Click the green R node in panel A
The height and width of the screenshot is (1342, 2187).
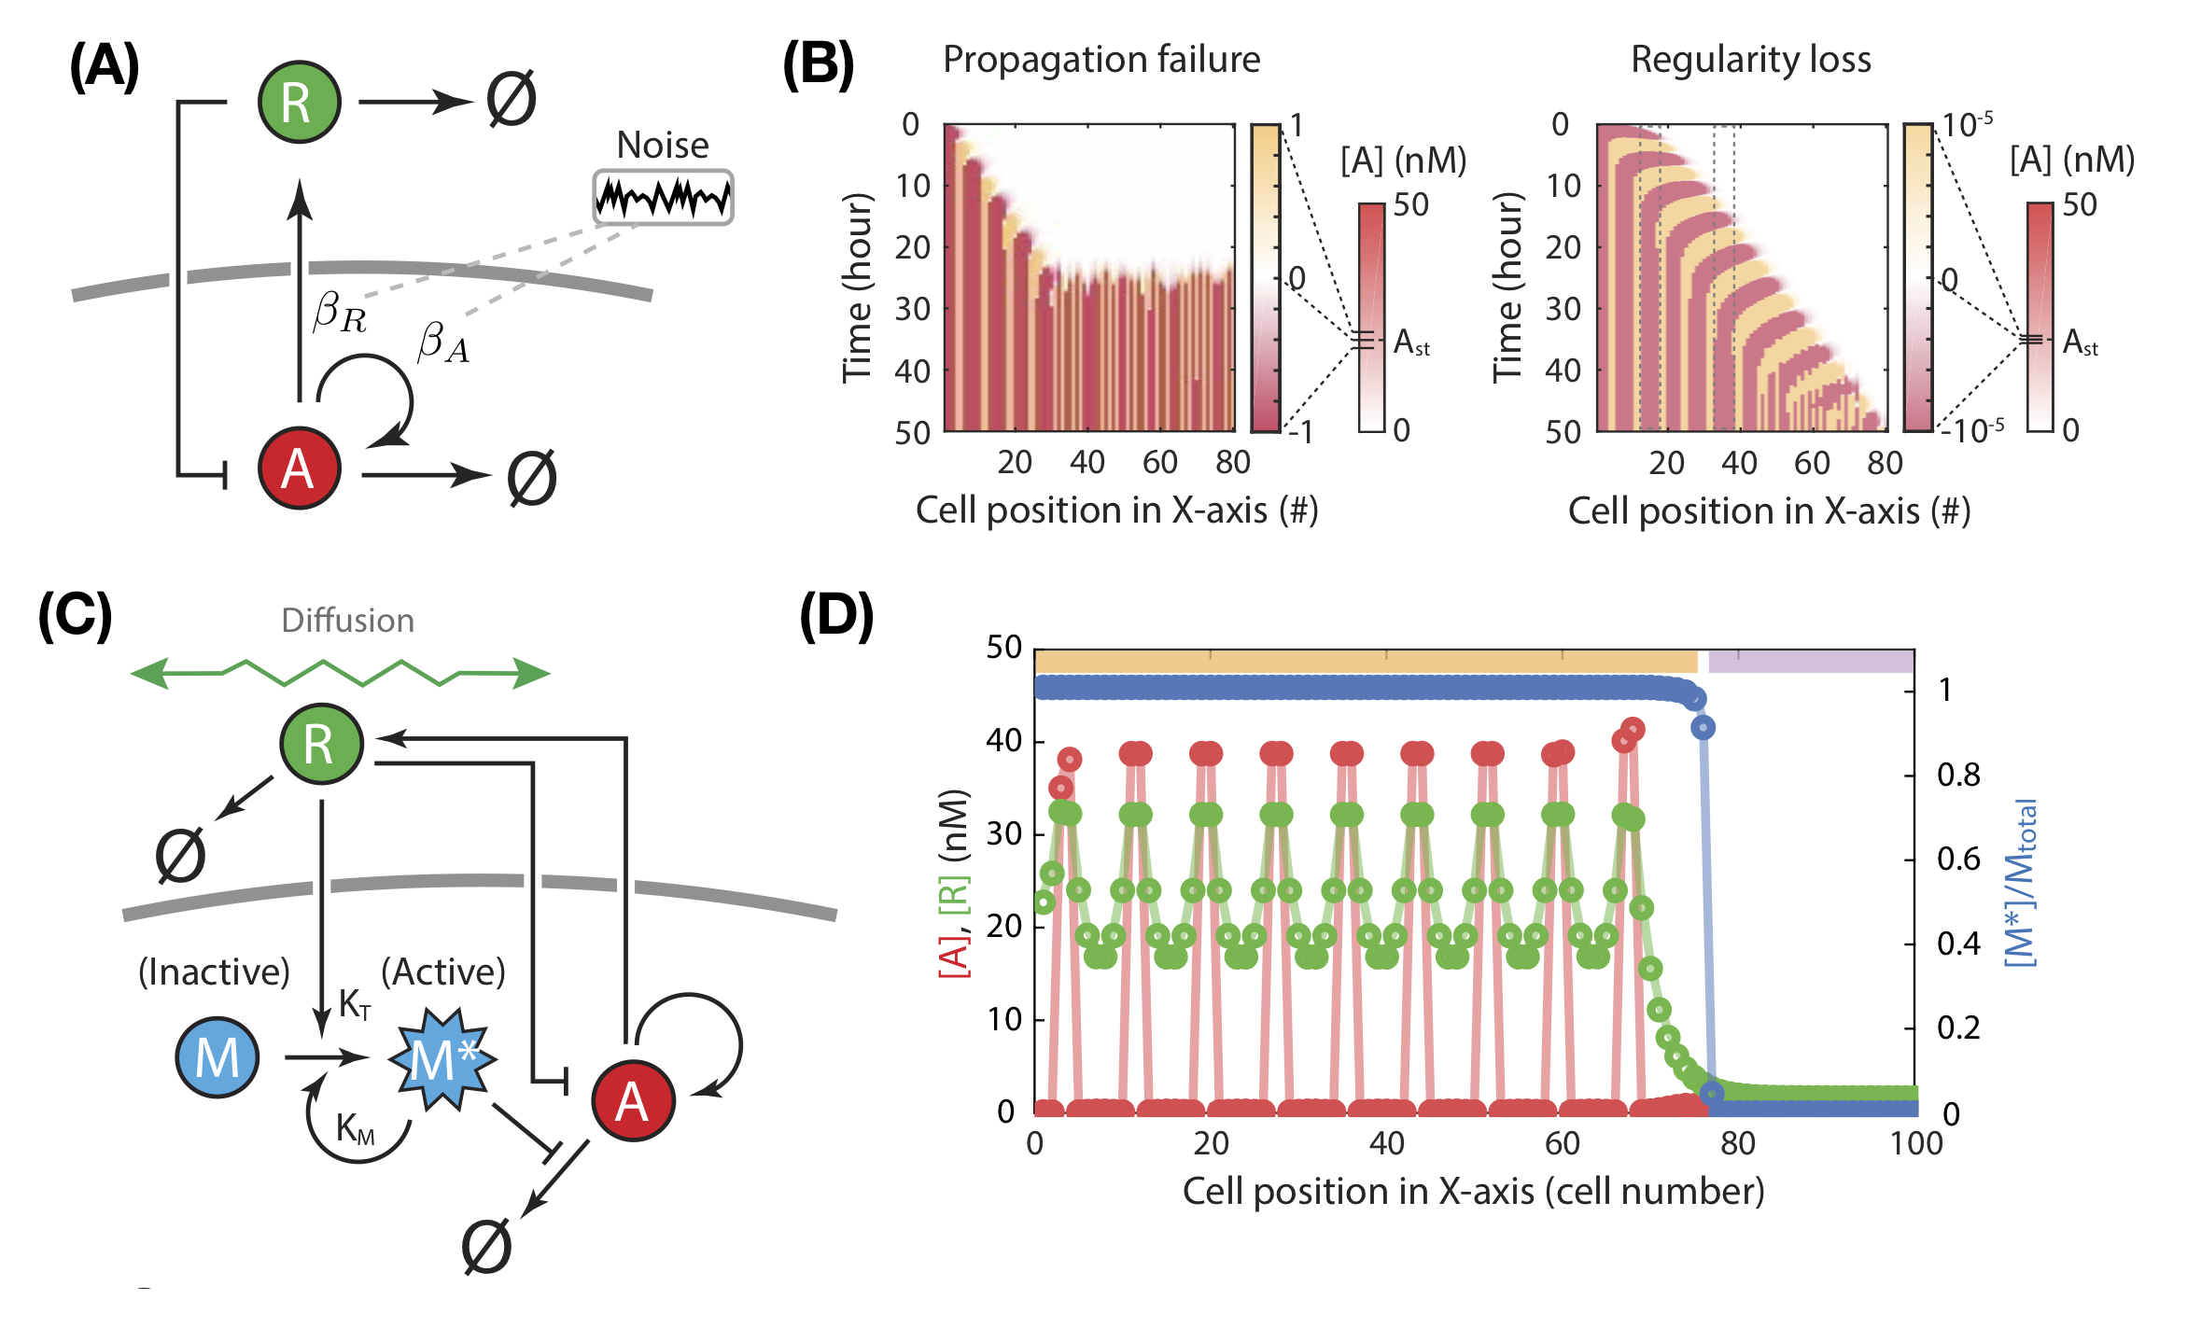pyautogui.click(x=299, y=102)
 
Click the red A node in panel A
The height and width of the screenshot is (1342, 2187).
pyautogui.click(x=299, y=468)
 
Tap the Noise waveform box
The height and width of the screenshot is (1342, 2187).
pyautogui.click(x=663, y=197)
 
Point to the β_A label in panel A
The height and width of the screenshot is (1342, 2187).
pyautogui.click(x=443, y=342)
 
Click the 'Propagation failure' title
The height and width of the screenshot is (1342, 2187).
pyautogui.click(x=1101, y=60)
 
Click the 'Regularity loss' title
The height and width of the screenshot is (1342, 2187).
pyautogui.click(x=1751, y=60)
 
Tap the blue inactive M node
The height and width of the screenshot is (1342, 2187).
pyautogui.click(x=217, y=1057)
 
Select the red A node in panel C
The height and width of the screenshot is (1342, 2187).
pyautogui.click(x=633, y=1101)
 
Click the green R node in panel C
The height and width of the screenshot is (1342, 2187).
pyautogui.click(x=321, y=744)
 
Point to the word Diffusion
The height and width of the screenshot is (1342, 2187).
pyautogui.click(x=347, y=621)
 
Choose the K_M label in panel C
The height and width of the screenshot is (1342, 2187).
pyautogui.click(x=356, y=1128)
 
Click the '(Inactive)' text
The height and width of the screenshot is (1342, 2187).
pyautogui.click(x=214, y=972)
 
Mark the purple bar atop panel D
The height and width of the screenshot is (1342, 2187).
pyautogui.click(x=1811, y=662)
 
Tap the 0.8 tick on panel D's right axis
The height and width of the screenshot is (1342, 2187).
pyautogui.click(x=1958, y=775)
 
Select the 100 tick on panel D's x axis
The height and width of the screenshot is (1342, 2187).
pyautogui.click(x=1915, y=1143)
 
